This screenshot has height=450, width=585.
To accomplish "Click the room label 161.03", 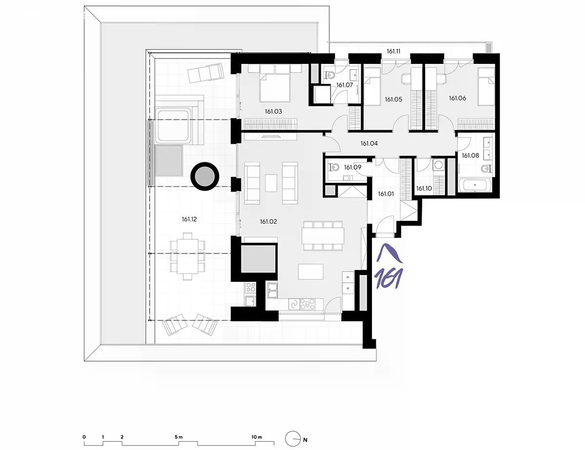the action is point(273,111).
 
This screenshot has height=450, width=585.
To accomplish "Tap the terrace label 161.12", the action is point(189,219).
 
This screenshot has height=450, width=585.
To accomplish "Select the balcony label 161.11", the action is point(393,51).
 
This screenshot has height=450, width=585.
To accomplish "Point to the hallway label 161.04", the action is point(369,143).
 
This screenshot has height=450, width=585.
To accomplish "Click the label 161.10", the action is point(424,188).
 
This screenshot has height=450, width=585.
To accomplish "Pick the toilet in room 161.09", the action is point(334,167).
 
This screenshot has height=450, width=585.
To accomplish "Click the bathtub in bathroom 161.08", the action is point(475,185).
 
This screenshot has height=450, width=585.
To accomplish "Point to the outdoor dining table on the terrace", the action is point(187,256).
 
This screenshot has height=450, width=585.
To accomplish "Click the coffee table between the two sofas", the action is point(271,183).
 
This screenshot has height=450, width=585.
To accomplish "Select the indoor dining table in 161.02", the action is point(323,236).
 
